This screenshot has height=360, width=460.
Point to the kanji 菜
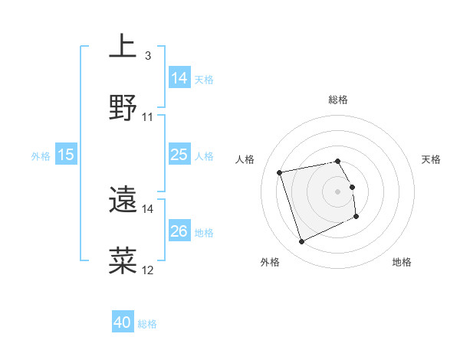(x=123, y=260)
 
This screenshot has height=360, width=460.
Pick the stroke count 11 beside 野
(x=148, y=117)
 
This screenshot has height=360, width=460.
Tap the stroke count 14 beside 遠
(x=148, y=208)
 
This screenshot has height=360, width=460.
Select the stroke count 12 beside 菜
(x=148, y=270)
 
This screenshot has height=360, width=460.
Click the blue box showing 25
(x=179, y=155)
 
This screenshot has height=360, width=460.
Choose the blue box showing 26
(x=179, y=232)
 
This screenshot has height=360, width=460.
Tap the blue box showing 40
(x=123, y=323)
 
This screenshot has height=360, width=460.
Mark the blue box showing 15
(x=66, y=155)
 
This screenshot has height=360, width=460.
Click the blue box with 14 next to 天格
(x=179, y=78)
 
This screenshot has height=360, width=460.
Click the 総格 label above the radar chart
(x=338, y=100)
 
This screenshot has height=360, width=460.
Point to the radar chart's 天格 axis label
(x=432, y=159)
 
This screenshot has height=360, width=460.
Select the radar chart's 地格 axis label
(x=402, y=262)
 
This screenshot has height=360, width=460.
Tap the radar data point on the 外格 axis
(x=301, y=242)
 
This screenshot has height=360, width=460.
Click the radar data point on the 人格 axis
(x=281, y=172)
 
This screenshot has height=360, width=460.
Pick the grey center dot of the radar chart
(x=338, y=191)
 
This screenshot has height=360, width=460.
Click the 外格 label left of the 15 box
(x=41, y=156)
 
